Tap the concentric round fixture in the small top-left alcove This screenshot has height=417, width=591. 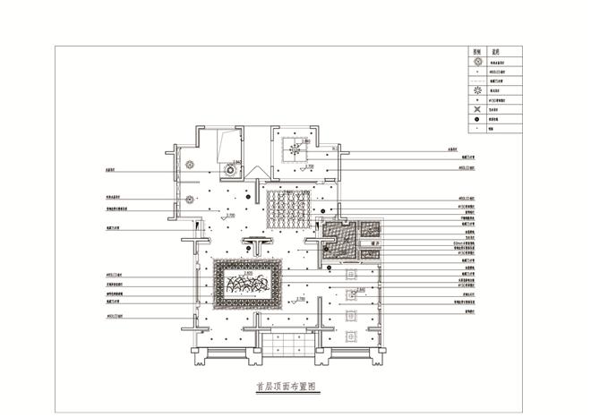pyautogui.click(x=230, y=167)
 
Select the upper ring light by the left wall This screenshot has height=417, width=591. pyautogui.click(x=190, y=164)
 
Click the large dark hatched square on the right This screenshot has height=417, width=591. pyautogui.click(x=339, y=240)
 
